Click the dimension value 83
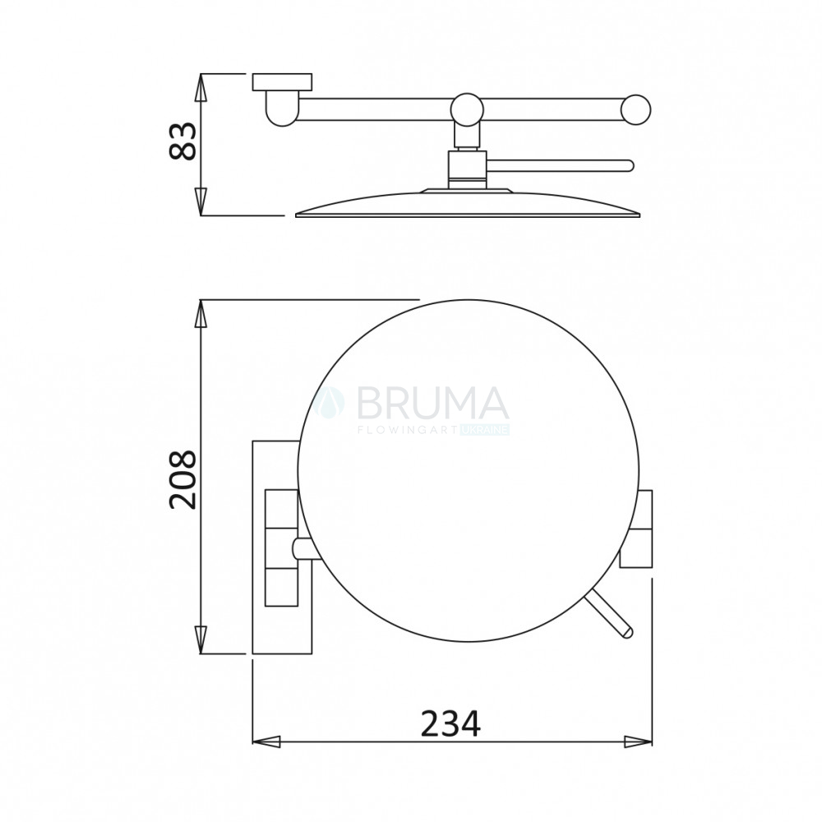tap(182, 141)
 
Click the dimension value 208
tap(182, 479)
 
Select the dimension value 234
tap(450, 723)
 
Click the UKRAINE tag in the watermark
tap(485, 431)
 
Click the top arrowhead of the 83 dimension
tap(201, 88)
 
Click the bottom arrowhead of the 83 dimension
tap(201, 201)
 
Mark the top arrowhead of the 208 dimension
tap(201, 313)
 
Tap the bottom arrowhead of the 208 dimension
tap(201, 640)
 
